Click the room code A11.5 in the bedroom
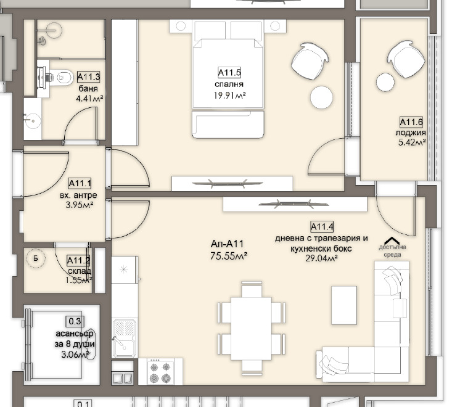[x=229, y=72]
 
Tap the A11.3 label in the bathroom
[x=89, y=77]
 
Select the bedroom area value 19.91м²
[x=229, y=96]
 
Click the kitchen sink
[x=124, y=338]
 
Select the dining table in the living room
[x=251, y=329]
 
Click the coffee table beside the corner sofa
[x=344, y=305]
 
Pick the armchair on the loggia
[x=406, y=59]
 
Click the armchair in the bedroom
[x=310, y=61]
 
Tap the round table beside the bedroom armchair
[x=321, y=97]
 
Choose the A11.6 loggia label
[x=411, y=122]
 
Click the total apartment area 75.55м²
[x=229, y=256]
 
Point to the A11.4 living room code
[x=322, y=227]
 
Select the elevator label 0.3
[x=75, y=321]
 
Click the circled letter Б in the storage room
[x=36, y=258]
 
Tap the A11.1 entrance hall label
[x=80, y=183]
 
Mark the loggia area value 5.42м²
[x=412, y=142]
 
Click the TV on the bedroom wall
[x=228, y=183]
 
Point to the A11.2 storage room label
[x=78, y=261]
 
